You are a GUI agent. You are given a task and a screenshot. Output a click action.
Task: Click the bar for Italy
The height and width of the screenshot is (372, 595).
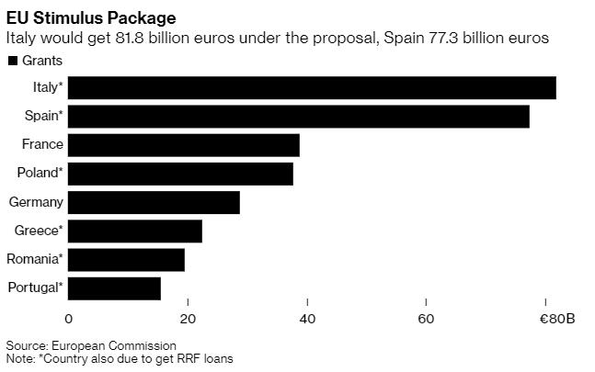[312, 87]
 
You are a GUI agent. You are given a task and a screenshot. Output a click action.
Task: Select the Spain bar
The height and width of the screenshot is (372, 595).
[298, 117]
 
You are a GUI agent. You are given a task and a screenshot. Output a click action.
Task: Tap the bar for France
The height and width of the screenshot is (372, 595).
[184, 145]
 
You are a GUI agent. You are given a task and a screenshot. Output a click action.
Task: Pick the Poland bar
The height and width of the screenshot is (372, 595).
[180, 174]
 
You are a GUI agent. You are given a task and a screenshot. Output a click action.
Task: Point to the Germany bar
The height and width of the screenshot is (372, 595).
[154, 202]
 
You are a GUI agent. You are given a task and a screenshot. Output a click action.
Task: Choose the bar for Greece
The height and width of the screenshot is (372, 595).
[135, 231]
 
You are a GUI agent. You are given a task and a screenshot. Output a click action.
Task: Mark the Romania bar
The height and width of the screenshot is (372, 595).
[126, 259]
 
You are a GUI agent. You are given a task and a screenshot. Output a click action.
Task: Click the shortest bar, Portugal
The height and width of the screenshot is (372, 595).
[114, 287]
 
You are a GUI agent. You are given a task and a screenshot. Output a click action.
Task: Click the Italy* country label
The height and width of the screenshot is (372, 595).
[47, 87]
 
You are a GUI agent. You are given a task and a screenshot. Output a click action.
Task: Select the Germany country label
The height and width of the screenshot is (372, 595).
[36, 202]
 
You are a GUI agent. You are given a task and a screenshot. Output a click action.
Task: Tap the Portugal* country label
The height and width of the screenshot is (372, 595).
[36, 287]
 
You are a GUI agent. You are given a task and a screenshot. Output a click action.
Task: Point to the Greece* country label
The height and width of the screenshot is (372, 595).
[39, 231]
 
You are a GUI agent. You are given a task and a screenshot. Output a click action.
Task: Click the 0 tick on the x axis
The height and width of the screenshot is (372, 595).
[68, 319]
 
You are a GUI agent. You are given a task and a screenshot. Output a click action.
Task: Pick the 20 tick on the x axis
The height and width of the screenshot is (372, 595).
[188, 319]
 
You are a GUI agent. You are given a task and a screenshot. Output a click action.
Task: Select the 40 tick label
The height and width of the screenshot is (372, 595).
[307, 319]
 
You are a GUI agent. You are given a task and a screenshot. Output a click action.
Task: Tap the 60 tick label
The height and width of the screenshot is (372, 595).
[426, 319]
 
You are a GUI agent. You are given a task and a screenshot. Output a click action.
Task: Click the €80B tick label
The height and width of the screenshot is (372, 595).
[557, 319]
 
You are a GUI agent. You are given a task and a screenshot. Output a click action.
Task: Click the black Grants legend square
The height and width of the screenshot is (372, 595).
[12, 61]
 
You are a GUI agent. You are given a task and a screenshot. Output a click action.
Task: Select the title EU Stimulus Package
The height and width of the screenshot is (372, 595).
[79, 17]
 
